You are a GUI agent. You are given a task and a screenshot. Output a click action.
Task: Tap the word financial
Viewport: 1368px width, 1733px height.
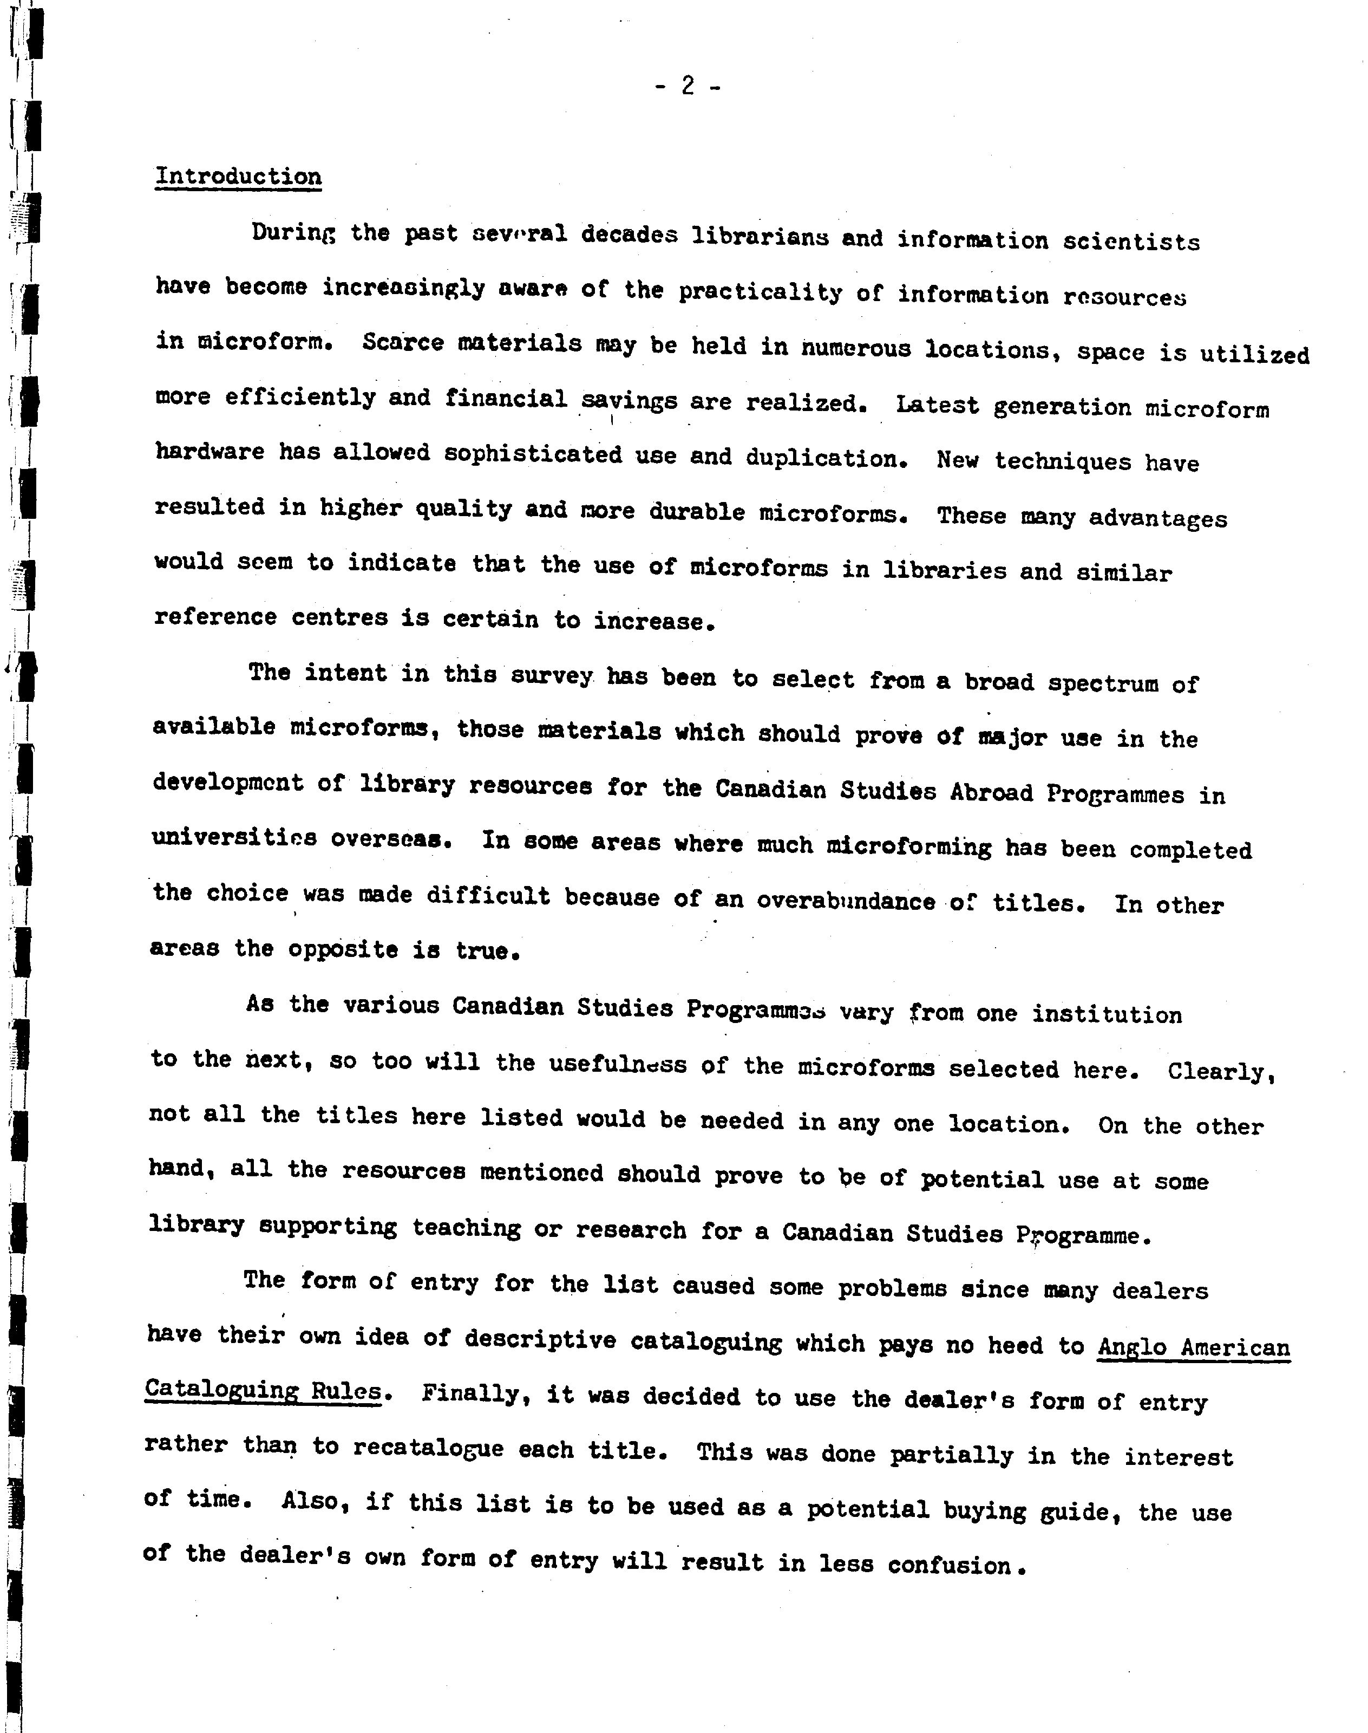[506, 398]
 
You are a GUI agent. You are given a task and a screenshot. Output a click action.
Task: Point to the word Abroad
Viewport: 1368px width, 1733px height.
[992, 792]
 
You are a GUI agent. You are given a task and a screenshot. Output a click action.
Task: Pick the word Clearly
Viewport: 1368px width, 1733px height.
[1220, 1071]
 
